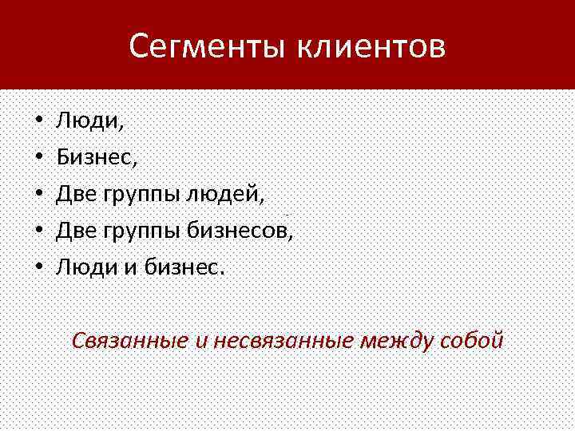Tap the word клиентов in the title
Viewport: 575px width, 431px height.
coord(372,47)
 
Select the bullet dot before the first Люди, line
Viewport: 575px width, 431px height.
coord(38,122)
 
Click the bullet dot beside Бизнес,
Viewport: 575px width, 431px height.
coord(38,158)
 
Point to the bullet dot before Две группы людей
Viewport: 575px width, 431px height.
coord(38,194)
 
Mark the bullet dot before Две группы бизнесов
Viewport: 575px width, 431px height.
coord(38,231)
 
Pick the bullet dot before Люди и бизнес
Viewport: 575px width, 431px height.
coord(38,267)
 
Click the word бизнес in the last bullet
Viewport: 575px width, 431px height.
coord(183,267)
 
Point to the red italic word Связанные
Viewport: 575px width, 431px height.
coord(129,342)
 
